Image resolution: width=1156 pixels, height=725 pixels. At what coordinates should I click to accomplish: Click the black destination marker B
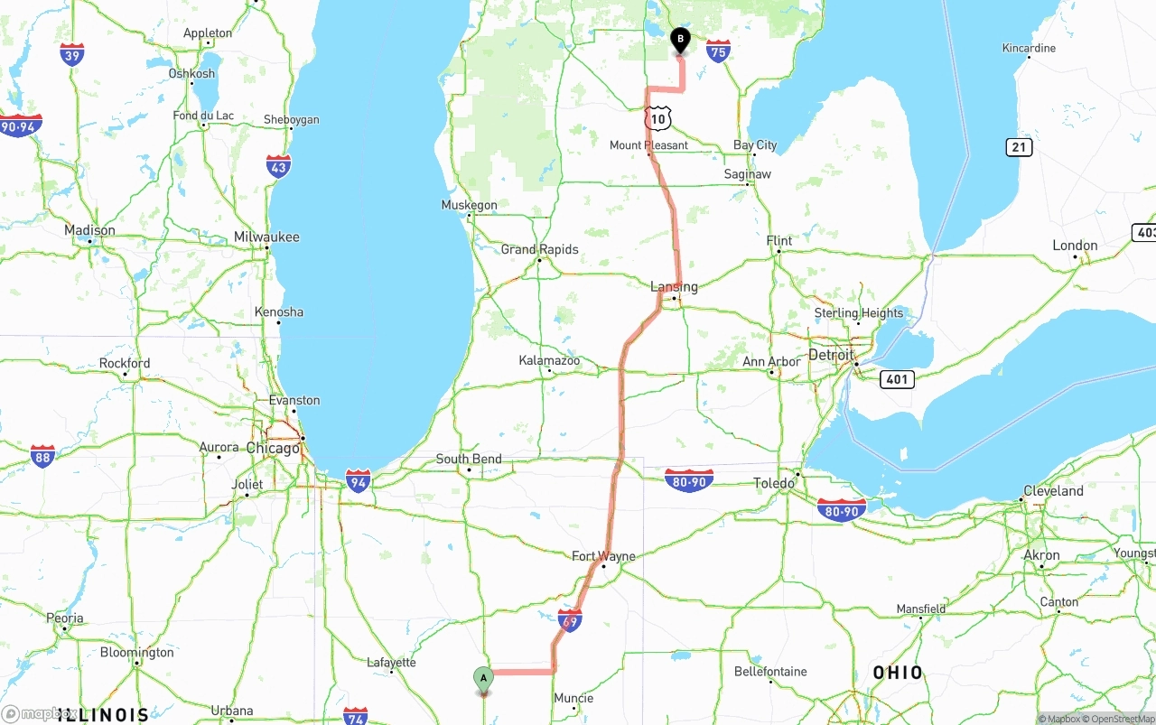(680, 40)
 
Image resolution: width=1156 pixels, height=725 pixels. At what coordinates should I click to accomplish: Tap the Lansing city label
(674, 287)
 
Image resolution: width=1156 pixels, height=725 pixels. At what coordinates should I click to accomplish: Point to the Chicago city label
(273, 449)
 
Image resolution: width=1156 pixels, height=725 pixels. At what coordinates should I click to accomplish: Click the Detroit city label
(831, 355)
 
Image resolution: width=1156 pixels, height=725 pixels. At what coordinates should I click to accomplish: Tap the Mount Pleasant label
(648, 145)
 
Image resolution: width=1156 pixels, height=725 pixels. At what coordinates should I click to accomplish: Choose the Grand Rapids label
(539, 249)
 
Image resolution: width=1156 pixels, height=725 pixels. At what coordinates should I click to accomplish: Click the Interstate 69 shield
(569, 620)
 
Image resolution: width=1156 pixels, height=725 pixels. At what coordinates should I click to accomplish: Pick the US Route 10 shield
(658, 118)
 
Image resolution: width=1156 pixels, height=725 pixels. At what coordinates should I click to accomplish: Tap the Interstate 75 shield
(718, 51)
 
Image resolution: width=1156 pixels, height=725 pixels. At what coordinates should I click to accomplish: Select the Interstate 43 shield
(278, 166)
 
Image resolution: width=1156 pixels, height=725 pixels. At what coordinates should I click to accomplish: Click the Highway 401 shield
(897, 379)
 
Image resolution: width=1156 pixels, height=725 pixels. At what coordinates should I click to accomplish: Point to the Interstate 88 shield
(42, 455)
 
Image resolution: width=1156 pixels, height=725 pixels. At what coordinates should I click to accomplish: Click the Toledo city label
(774, 483)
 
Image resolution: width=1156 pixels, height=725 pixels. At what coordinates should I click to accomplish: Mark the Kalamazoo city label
(549, 360)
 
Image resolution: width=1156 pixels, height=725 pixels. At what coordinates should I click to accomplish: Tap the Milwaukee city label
(266, 237)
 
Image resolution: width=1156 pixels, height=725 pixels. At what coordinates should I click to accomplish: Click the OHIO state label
(898, 673)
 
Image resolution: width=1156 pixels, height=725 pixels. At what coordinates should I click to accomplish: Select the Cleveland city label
(1053, 491)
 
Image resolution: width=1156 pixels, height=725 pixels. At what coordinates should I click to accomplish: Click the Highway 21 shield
(1019, 147)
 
